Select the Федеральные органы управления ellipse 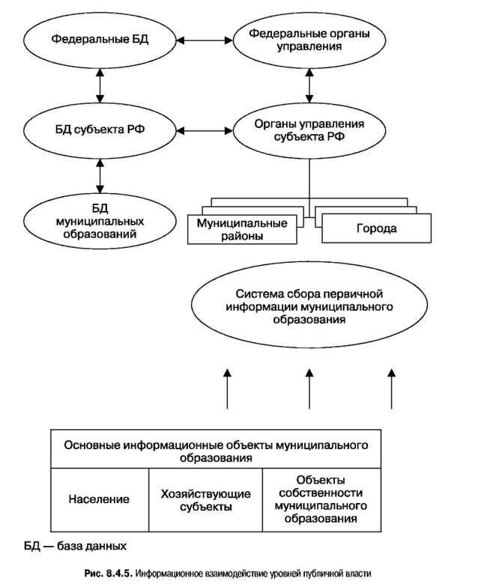click(x=308, y=39)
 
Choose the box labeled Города click(x=376, y=228)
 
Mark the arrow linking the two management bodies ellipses click(x=309, y=86)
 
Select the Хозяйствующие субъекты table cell click(x=205, y=499)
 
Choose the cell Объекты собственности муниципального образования click(x=319, y=499)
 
